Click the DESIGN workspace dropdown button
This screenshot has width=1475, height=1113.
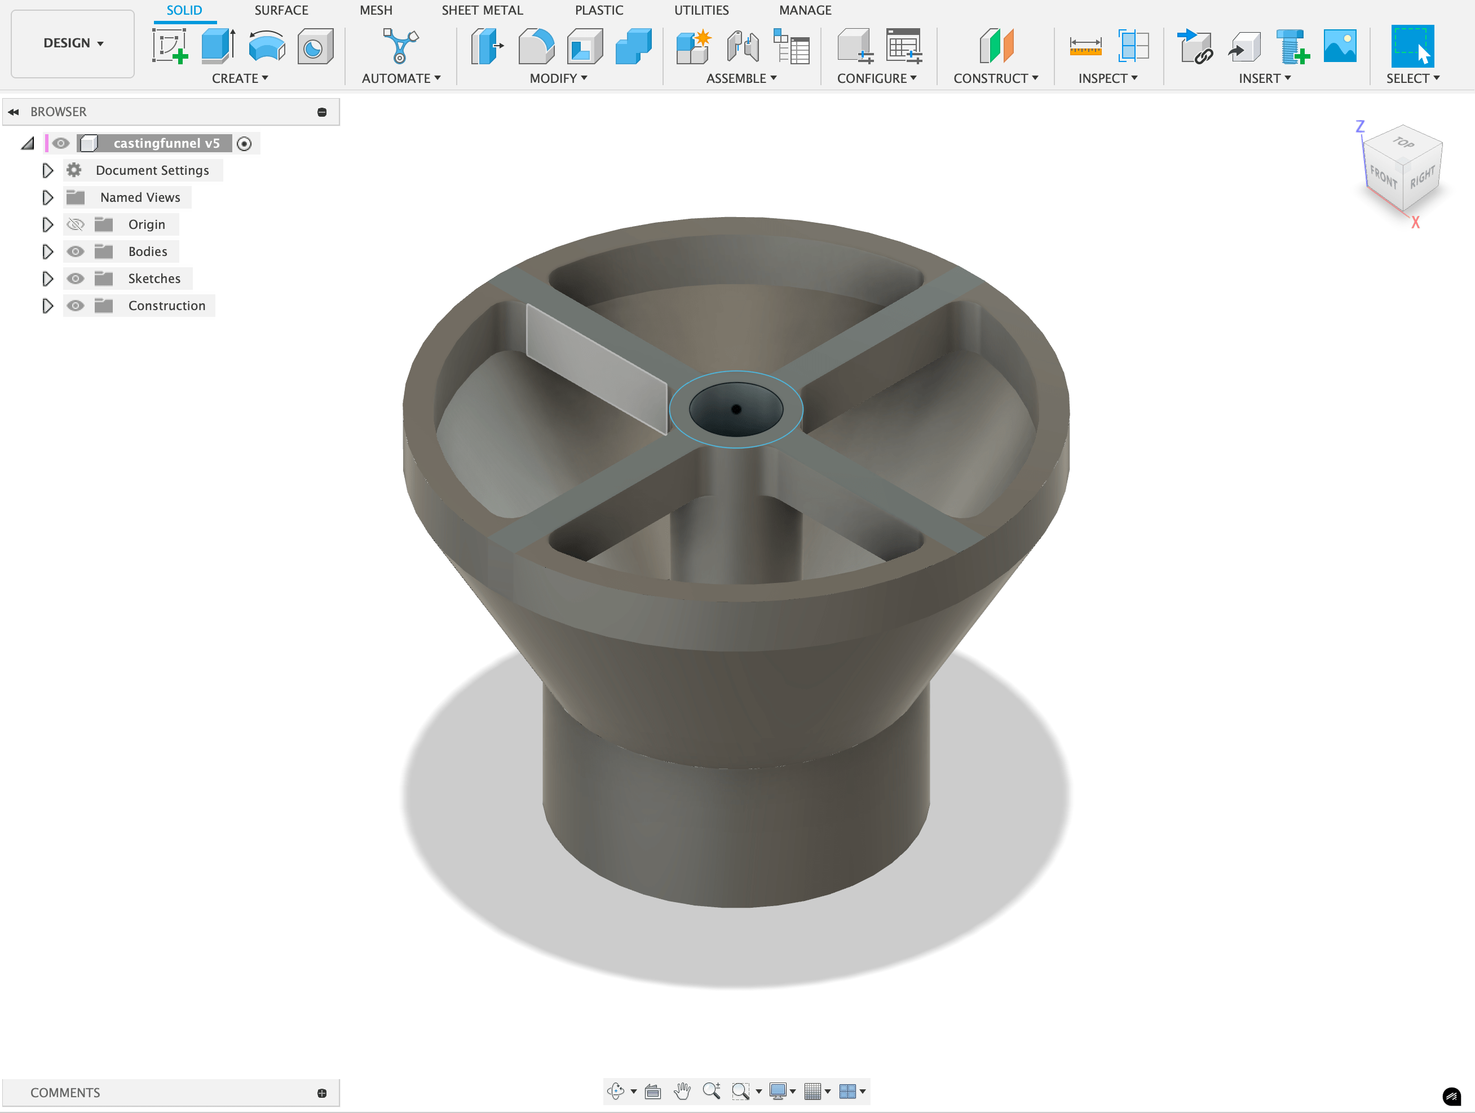[x=73, y=43]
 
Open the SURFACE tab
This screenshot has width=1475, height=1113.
[x=281, y=10]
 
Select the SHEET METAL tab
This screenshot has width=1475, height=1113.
[x=482, y=10]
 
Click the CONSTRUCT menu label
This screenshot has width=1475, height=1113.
[x=995, y=78]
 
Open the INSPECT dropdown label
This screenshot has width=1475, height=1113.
[x=1107, y=78]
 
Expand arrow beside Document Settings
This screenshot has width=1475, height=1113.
[x=47, y=171]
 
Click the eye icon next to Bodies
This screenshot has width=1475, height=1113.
[x=76, y=251]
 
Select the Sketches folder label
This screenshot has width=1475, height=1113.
[x=154, y=279]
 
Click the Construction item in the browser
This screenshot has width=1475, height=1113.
[x=167, y=306]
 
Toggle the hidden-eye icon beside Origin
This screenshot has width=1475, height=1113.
[x=76, y=225]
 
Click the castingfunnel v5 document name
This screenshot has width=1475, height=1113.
[x=166, y=143]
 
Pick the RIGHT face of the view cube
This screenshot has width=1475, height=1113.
[x=1423, y=178]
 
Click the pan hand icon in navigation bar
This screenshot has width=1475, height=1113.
[x=682, y=1091]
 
